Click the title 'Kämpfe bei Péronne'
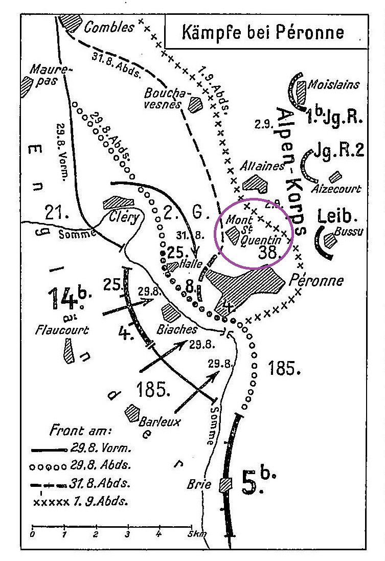click(263, 33)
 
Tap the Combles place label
click(109, 27)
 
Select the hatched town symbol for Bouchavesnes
click(195, 105)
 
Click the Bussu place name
click(350, 232)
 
